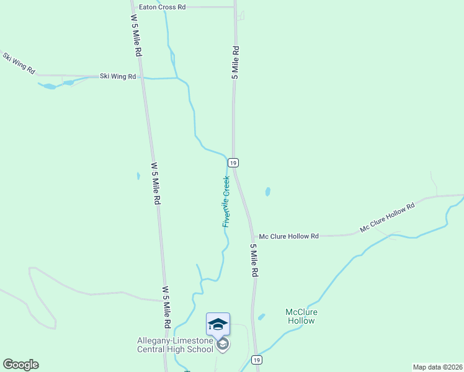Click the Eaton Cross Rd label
[163, 7]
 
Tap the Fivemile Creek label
[226, 201]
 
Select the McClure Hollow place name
[301, 316]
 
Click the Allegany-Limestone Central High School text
[175, 345]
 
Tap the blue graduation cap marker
[218, 324]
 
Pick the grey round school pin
[223, 344]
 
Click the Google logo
[20, 365]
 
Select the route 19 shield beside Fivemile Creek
[233, 162]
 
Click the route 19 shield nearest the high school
[256, 360]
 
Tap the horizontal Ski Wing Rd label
[118, 76]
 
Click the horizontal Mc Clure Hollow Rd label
[288, 236]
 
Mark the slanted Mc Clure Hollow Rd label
[387, 218]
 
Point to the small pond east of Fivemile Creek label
[268, 192]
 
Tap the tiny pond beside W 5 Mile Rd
[138, 176]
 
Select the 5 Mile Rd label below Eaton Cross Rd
[235, 61]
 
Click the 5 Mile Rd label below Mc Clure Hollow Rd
[254, 260]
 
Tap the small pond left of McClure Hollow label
[261, 317]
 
